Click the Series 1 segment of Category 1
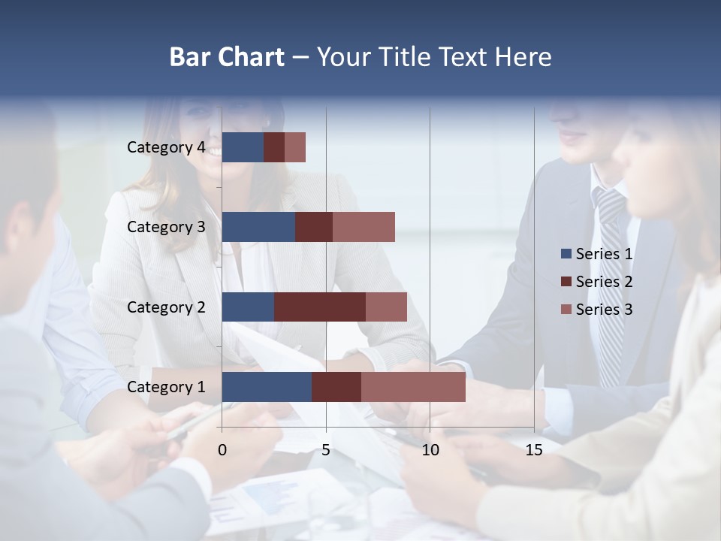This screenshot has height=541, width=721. tap(267, 387)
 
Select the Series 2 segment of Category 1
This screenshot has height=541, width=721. tap(336, 387)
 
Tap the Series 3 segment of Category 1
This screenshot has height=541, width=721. tap(413, 387)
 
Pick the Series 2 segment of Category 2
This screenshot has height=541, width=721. tap(320, 307)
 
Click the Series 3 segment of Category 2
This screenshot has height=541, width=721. tap(386, 307)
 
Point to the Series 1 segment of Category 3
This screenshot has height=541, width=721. tap(258, 227)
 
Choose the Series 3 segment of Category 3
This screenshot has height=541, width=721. tap(364, 227)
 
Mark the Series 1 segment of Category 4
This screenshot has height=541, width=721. tap(243, 147)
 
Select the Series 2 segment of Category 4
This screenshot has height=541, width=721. tap(274, 147)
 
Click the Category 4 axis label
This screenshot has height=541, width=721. tap(166, 147)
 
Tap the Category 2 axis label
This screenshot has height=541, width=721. tap(166, 307)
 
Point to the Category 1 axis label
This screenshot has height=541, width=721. tap(166, 387)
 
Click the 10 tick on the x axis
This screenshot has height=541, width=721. tap(430, 450)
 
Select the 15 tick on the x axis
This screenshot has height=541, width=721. tap(534, 450)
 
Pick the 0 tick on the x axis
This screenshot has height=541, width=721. tap(222, 450)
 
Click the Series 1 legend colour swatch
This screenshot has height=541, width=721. tap(566, 254)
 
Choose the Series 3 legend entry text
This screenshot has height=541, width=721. tap(604, 310)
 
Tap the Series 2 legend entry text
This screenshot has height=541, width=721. tap(604, 282)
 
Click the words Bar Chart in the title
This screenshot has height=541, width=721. tap(227, 56)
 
